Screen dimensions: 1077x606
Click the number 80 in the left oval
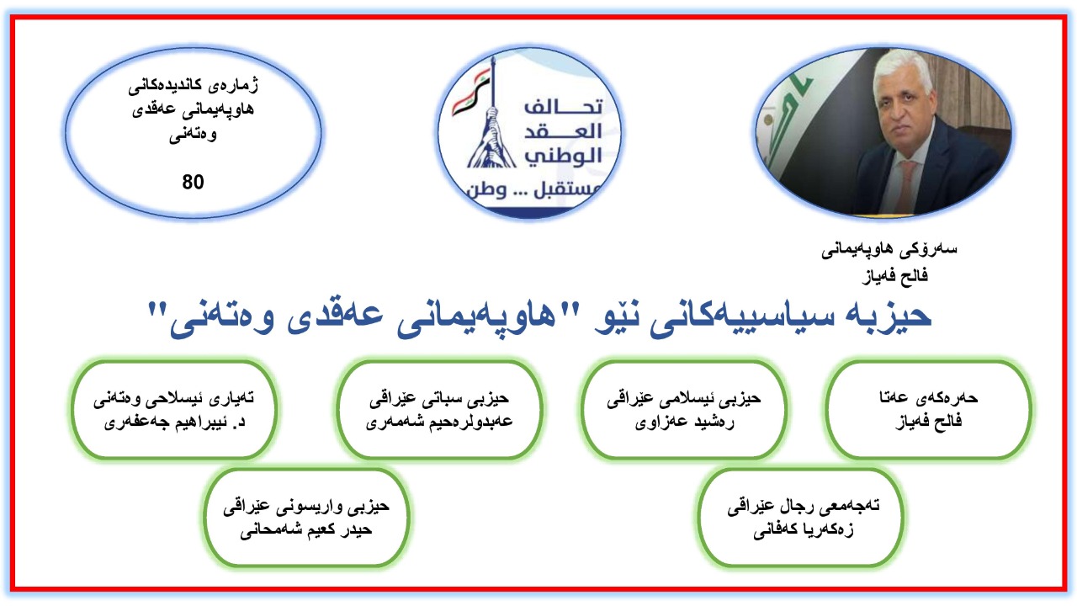tap(193, 182)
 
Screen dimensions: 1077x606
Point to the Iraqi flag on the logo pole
tap(470, 93)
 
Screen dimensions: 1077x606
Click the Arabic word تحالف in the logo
tap(563, 106)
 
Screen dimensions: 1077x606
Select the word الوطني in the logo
tap(563, 156)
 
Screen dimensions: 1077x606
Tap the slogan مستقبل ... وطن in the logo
tap(533, 189)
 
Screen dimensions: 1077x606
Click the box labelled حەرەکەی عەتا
tap(928, 409)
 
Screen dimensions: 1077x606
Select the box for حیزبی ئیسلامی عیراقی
tap(684, 409)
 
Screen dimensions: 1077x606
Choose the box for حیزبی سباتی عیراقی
tap(439, 409)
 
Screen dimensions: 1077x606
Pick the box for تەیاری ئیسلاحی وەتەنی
tap(174, 409)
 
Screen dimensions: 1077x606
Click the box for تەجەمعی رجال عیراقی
tap(800, 518)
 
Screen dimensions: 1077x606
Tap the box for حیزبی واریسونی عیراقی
tap(306, 518)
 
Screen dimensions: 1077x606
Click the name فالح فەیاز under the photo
tap(894, 276)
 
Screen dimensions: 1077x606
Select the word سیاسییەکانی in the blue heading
tap(729, 318)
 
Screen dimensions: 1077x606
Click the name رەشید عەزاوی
tap(684, 423)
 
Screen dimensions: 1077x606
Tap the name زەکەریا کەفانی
tap(803, 530)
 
